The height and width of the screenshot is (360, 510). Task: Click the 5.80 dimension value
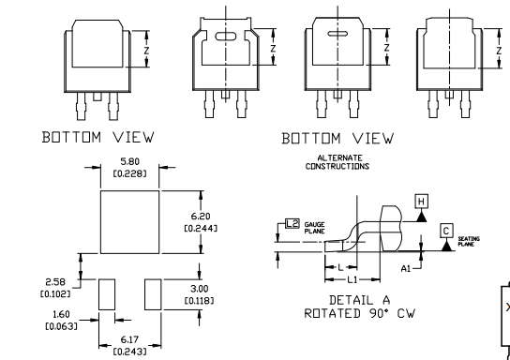[x=129, y=161]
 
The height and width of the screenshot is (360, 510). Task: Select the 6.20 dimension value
[x=201, y=217]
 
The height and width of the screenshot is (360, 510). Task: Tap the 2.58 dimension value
[x=55, y=281]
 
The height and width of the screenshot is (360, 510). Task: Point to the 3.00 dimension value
[x=200, y=289]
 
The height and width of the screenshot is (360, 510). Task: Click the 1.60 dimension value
[x=61, y=314]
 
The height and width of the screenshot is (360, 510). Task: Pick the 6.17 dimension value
[x=129, y=339]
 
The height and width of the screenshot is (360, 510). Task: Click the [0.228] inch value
[x=129, y=173]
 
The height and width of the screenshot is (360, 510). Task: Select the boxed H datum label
[x=422, y=202]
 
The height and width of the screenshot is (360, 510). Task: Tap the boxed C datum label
[x=446, y=231]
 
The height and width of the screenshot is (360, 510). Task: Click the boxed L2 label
[x=292, y=224]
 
